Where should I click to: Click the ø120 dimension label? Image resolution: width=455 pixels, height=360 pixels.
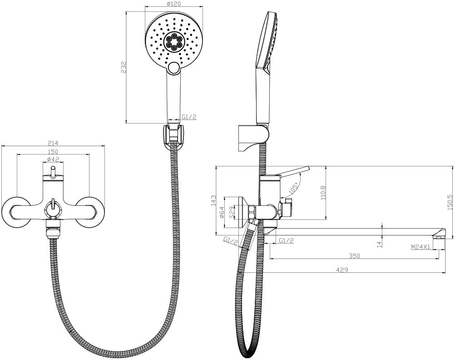(x=174, y=4)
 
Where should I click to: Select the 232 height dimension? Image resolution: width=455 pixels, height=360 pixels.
(x=124, y=67)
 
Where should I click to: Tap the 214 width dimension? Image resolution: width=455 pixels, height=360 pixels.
(x=53, y=143)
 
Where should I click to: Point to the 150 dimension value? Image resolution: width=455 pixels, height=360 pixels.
(x=53, y=151)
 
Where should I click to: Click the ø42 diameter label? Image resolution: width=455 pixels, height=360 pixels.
(x=53, y=159)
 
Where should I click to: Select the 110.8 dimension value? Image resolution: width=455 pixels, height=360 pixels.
(x=323, y=193)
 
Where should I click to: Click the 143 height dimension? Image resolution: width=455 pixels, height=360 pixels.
(x=213, y=200)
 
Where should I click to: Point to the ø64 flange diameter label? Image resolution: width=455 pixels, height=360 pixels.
(x=222, y=212)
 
